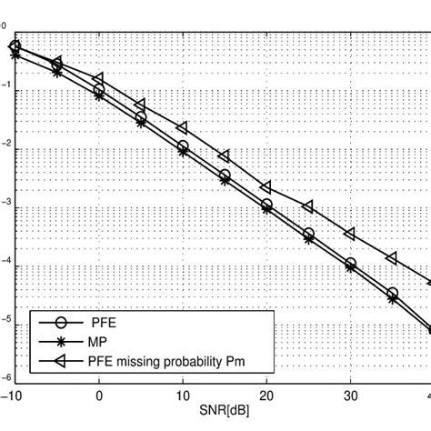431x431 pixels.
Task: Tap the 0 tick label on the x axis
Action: coord(98,396)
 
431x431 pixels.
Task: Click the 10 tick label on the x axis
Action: coord(182,396)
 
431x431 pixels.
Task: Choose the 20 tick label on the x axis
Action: coord(266,396)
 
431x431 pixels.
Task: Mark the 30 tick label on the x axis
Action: coord(350,396)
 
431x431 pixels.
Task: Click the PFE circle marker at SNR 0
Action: coord(99,89)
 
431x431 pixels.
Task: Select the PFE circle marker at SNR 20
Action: coord(266,205)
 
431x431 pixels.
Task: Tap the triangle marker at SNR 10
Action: coord(182,127)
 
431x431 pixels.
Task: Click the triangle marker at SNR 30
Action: coord(350,234)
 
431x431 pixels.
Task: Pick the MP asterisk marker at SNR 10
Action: coord(183,153)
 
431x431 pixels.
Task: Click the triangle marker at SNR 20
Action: coord(266,185)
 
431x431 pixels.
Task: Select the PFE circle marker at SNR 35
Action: coord(392,293)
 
